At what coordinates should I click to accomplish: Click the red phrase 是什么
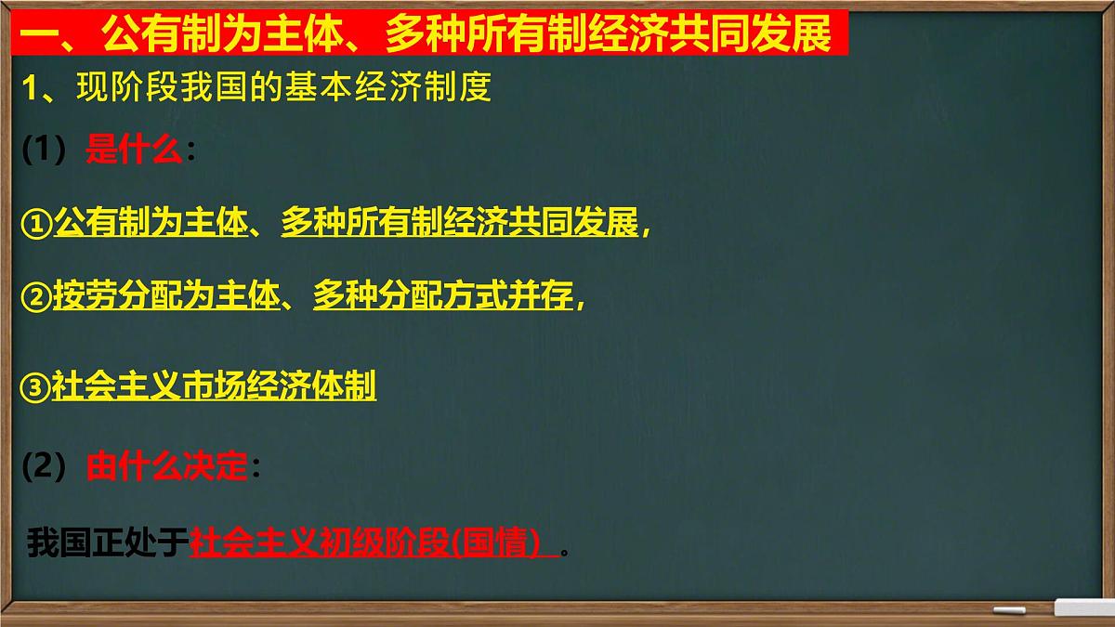(x=134, y=150)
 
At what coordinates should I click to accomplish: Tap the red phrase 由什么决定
(x=167, y=467)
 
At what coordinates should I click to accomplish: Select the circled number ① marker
(x=36, y=226)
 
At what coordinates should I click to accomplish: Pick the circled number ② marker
(x=36, y=297)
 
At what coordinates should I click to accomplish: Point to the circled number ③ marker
(x=36, y=387)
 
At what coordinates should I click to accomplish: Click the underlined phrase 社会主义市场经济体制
(x=214, y=386)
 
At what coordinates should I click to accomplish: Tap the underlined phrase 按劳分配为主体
(x=166, y=296)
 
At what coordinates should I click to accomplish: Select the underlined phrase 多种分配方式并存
(x=443, y=296)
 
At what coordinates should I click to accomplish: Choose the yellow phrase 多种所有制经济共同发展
(x=460, y=225)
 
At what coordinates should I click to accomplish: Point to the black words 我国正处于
(x=108, y=542)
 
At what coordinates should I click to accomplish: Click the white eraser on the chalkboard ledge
(x=1083, y=608)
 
